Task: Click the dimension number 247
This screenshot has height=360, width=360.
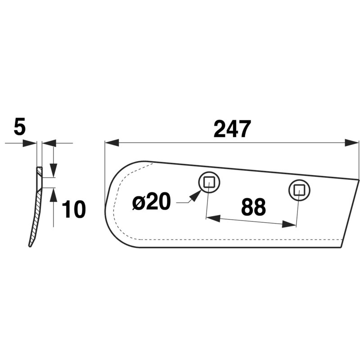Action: click(232, 129)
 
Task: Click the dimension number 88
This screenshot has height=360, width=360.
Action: click(253, 207)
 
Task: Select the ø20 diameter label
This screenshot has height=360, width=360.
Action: click(152, 202)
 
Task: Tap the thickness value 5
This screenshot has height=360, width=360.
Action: click(19, 127)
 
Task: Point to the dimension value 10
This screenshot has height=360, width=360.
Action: click(74, 209)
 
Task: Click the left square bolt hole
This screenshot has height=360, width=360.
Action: click(209, 182)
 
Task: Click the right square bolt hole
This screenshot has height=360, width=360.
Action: click(299, 190)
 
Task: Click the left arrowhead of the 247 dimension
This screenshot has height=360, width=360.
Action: click(112, 143)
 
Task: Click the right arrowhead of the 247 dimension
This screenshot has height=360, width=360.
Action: click(352, 143)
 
